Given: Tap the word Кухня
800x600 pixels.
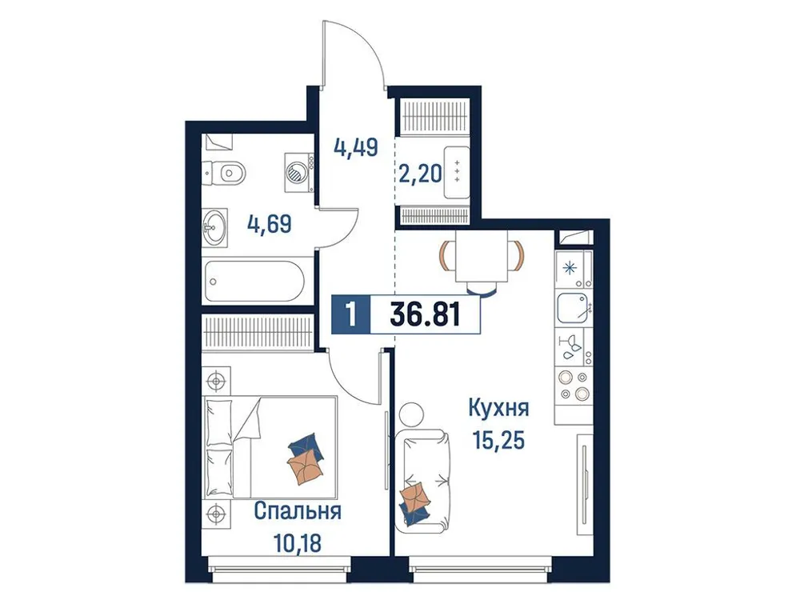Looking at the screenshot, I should [x=499, y=409].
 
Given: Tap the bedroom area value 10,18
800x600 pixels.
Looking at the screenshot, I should [x=300, y=544].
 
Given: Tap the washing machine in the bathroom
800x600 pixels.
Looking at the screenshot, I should [x=297, y=170].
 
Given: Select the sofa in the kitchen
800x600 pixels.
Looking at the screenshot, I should [x=421, y=478].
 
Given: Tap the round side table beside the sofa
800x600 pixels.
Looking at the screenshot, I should [x=409, y=414].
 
